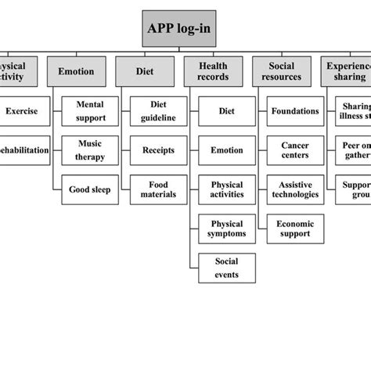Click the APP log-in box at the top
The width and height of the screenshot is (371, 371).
click(178, 31)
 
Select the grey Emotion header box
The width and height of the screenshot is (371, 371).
click(76, 71)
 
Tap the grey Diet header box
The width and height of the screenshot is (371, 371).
click(144, 71)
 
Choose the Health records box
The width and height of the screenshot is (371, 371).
click(213, 71)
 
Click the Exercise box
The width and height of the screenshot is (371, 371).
click(21, 111)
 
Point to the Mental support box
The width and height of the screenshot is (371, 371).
click(90, 111)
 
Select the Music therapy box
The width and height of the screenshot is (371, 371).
click(90, 149)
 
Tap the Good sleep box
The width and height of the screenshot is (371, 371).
click(90, 189)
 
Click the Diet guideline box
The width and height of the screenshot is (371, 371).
click(158, 111)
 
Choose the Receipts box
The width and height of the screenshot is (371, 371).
click(158, 149)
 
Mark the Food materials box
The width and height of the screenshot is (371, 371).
click(158, 189)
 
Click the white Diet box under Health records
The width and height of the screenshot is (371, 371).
click(227, 111)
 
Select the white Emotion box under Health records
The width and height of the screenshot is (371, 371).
click(227, 149)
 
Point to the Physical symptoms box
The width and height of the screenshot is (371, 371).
click(227, 228)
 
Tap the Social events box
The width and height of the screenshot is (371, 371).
click(227, 267)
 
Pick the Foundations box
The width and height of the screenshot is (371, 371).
click(295, 111)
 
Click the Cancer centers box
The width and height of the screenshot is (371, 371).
click(295, 149)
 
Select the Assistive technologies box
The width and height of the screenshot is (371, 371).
click(295, 189)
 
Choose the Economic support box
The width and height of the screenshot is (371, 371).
click(295, 228)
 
